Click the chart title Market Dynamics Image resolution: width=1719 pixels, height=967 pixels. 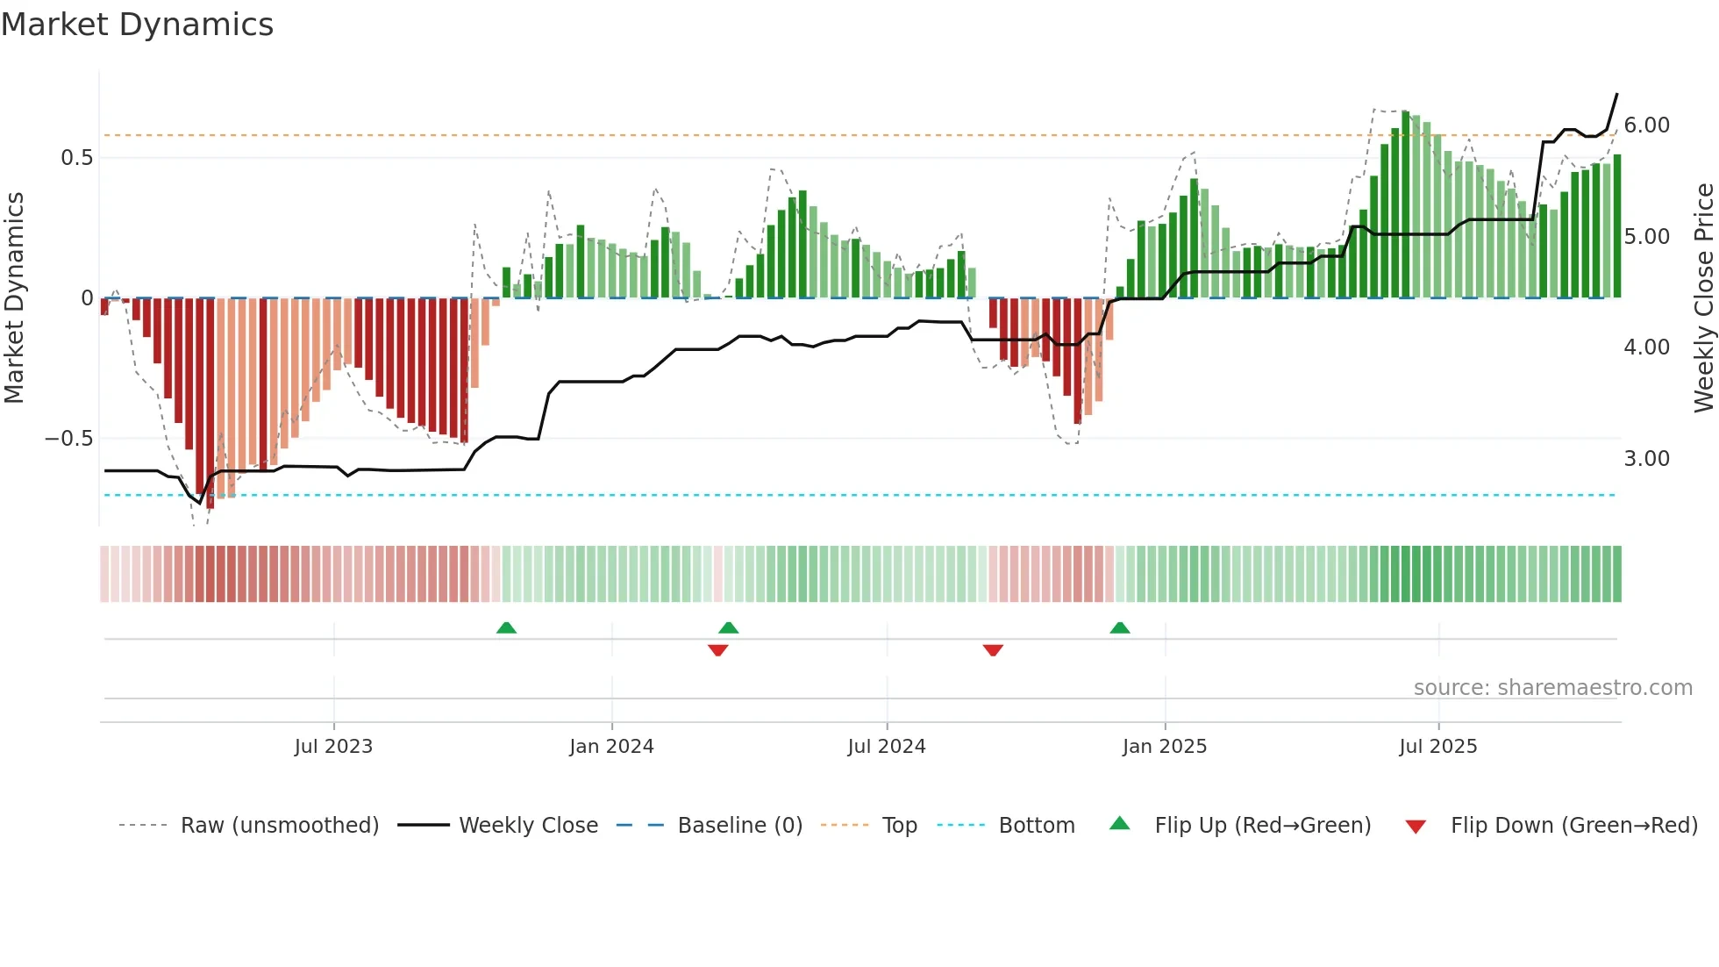click(138, 25)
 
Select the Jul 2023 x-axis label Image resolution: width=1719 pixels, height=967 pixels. click(333, 747)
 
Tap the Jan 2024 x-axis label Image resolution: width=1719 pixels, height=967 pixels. click(611, 747)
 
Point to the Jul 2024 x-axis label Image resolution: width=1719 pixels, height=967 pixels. click(887, 747)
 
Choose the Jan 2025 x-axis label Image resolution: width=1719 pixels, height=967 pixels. click(1165, 747)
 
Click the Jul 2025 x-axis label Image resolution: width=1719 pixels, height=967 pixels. click(1438, 747)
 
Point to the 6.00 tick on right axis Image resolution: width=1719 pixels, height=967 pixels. click(1646, 125)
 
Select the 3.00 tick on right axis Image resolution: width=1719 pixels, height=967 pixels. click(1646, 459)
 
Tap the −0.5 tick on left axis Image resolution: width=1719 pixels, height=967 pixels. click(68, 439)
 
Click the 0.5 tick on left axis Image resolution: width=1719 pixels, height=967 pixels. click(76, 158)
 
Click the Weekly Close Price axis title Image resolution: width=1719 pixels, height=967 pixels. click(1703, 298)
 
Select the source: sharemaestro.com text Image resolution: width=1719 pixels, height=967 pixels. click(1552, 688)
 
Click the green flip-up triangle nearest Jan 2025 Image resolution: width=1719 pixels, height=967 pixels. click(1120, 628)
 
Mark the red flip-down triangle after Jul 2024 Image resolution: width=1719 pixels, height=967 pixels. click(993, 650)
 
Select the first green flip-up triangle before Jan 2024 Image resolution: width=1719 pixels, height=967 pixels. click(506, 628)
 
